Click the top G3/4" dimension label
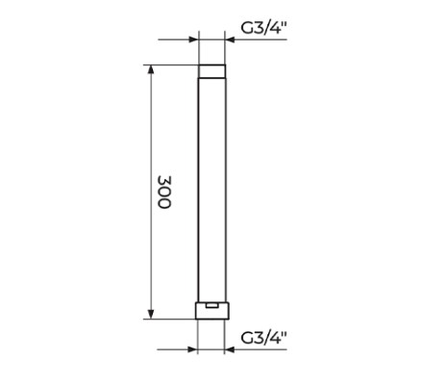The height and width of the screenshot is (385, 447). click(263, 28)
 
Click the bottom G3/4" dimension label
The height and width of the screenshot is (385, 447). click(263, 338)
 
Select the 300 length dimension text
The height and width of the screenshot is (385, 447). click(164, 192)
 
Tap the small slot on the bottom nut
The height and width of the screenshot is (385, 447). click(212, 305)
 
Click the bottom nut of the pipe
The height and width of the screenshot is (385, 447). click(212, 311)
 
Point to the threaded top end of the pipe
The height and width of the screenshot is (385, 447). click(212, 71)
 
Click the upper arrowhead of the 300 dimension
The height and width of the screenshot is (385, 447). click(151, 69)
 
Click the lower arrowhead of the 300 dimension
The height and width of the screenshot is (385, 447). click(151, 315)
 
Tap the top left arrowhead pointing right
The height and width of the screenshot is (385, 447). click(194, 39)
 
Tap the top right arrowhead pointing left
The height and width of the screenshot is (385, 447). click(230, 39)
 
